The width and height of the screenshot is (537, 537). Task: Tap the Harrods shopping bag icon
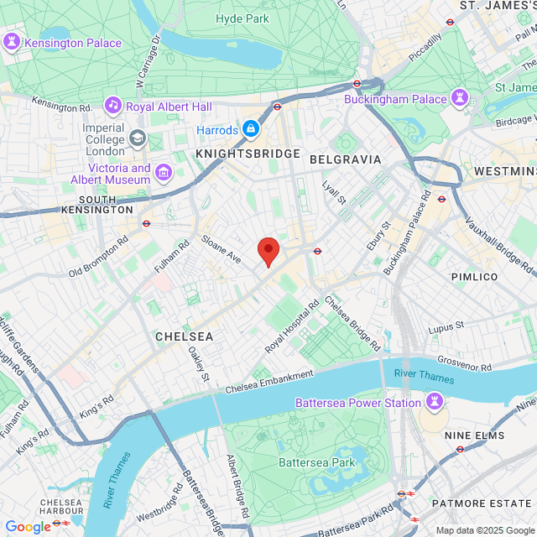point(249,128)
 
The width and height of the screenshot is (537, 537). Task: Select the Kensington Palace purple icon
point(12,42)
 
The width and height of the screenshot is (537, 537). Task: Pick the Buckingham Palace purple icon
point(460,98)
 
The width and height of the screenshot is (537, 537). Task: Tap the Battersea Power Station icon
point(434,403)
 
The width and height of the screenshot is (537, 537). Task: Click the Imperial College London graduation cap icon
point(137,138)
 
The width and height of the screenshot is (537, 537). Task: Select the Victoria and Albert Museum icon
point(164,173)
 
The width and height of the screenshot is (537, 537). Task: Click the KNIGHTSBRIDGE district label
point(248,154)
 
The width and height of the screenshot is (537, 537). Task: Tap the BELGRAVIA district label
point(345,159)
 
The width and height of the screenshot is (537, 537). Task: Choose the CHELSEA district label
point(184,336)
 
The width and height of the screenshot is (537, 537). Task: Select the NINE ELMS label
point(474,435)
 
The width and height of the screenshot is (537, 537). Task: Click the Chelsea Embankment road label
point(268,382)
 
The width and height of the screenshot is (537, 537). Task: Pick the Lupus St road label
point(446,326)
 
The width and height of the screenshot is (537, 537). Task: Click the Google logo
point(28,526)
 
